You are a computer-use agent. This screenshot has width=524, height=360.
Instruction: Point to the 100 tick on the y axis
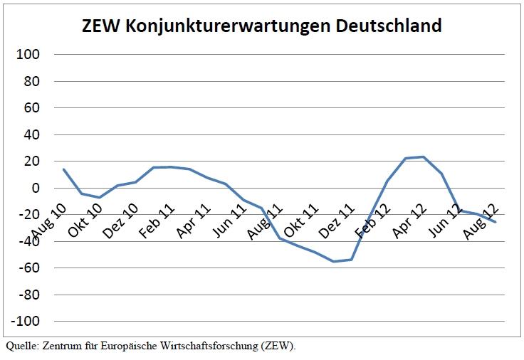pyautogui.click(x=28, y=54)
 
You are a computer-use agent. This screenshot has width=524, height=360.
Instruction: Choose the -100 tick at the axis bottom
pyautogui.click(x=26, y=322)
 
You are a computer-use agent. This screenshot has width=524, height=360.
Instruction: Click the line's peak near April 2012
pyautogui.click(x=423, y=157)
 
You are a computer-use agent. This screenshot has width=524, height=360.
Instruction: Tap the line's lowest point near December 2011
pyautogui.click(x=333, y=262)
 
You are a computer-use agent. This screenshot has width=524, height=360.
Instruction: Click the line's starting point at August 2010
pyautogui.click(x=63, y=169)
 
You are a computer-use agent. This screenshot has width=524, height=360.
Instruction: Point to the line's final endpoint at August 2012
pyautogui.click(x=496, y=222)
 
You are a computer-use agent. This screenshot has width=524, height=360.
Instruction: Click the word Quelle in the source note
pyautogui.click(x=21, y=346)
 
